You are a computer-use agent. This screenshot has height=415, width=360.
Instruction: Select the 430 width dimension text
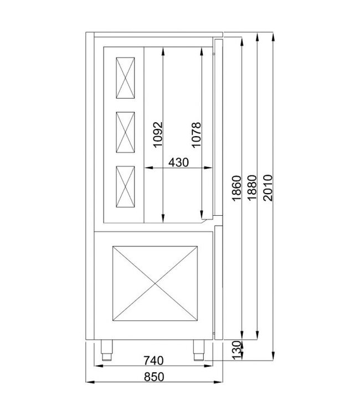(178, 163)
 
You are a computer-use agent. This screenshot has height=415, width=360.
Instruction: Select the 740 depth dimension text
(153, 361)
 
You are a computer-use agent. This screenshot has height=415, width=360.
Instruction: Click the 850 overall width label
(155, 377)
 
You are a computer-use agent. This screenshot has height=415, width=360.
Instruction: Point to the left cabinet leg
(106, 347)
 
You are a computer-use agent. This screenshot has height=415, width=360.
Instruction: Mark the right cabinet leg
(198, 347)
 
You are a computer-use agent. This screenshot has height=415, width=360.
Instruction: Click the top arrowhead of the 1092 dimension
(163, 50)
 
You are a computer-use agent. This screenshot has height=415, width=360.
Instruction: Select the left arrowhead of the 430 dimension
(146, 167)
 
